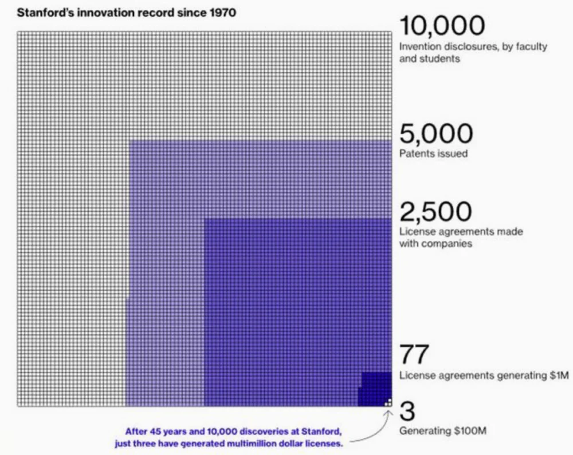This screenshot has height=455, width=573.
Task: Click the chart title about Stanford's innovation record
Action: (x=126, y=13)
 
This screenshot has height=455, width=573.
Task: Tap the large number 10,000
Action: (x=442, y=26)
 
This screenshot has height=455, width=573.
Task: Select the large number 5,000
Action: (x=436, y=134)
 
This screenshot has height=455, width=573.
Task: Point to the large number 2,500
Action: (x=435, y=212)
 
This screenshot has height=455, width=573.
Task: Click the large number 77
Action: (x=414, y=355)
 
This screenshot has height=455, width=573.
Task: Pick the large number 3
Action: (x=407, y=410)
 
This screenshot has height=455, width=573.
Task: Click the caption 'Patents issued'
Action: (x=433, y=153)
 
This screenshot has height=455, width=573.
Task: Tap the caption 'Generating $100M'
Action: (x=442, y=430)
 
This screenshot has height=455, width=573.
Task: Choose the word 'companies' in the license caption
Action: (x=447, y=244)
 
